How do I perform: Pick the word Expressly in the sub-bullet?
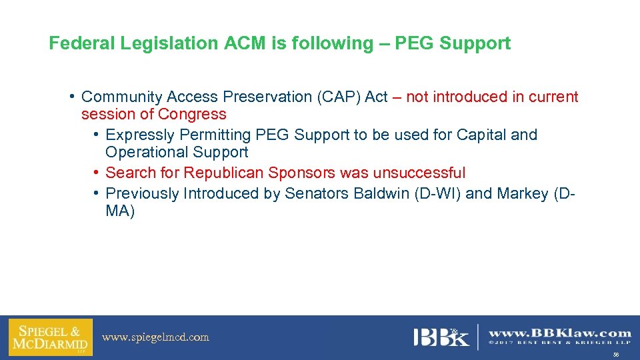137,135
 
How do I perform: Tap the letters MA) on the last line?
120,212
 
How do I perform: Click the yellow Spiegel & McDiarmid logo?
50,337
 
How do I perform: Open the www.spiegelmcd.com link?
155,337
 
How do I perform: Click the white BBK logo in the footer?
441,337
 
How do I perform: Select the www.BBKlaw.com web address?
559,333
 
